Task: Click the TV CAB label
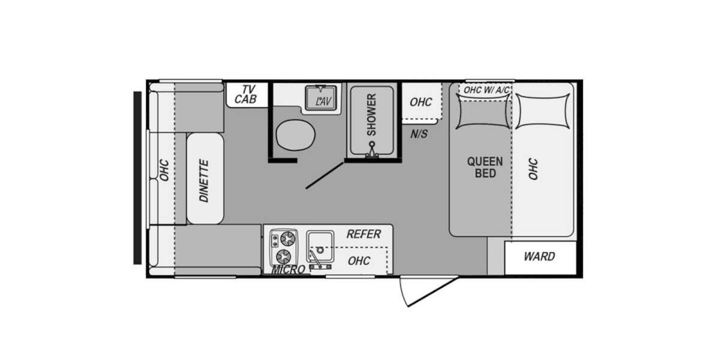point(246,95)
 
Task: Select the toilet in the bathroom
point(295,135)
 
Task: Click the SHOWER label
point(371,115)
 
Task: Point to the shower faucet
point(372,151)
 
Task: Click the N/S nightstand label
point(419,134)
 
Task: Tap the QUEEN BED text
point(485,167)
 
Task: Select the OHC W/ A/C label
point(487,90)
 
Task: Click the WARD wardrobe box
point(541,258)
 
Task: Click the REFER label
point(364,234)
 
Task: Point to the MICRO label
point(288,269)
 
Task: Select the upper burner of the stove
point(287,239)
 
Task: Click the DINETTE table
point(205,178)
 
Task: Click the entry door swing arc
point(403,293)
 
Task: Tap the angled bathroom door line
point(325,175)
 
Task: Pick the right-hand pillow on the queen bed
point(542,112)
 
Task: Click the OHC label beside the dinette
point(164,170)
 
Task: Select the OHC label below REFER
point(359,260)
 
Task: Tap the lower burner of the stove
point(283,257)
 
